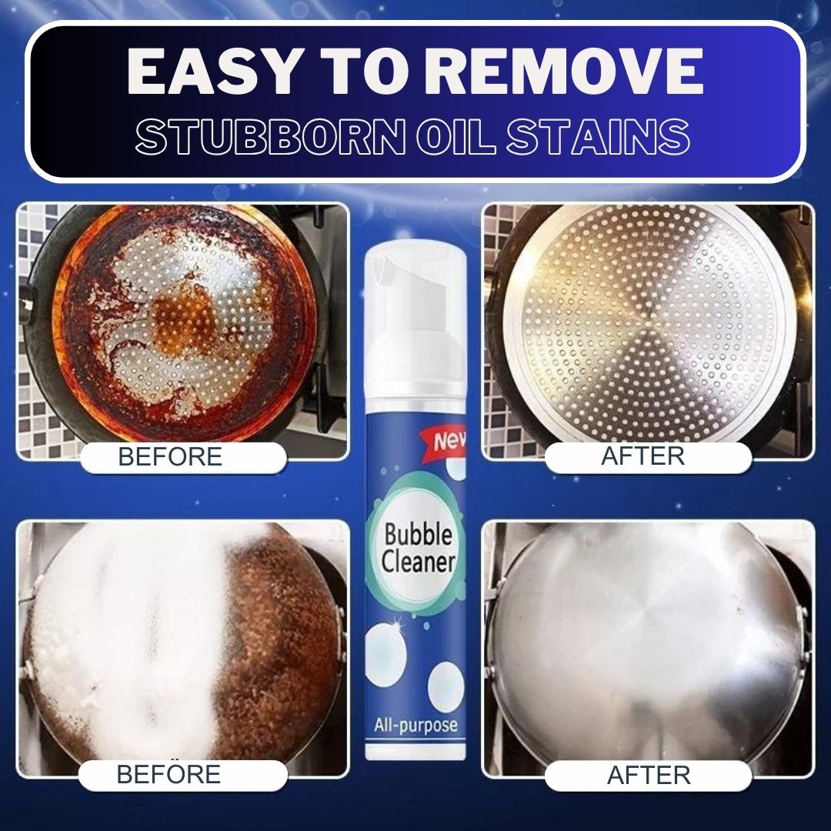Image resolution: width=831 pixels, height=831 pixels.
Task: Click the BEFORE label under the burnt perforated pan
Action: click(170, 456)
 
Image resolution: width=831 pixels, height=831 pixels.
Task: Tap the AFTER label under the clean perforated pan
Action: click(642, 456)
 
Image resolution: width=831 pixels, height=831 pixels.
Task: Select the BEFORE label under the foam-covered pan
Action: click(169, 774)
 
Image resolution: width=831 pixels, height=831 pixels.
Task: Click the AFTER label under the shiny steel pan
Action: click(649, 775)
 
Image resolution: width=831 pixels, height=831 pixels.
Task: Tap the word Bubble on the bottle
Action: click(418, 534)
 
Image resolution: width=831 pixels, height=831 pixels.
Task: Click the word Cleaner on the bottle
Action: click(418, 561)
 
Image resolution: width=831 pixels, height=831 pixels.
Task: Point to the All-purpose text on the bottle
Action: click(415, 725)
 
